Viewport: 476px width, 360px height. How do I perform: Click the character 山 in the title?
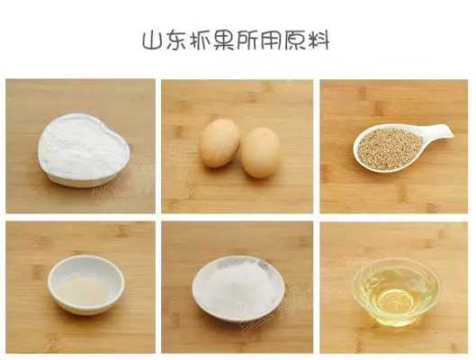coord(152,40)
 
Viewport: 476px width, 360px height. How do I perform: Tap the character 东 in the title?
coord(175,40)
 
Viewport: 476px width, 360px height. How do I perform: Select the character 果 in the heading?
coord(223,40)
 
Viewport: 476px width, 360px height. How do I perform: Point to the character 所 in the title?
coord(247,40)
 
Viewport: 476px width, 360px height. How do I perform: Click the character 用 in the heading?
coord(270,40)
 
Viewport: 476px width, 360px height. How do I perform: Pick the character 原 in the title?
coord(294,40)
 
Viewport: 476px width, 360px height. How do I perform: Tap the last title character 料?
coord(318,40)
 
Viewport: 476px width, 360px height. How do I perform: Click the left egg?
coord(220,143)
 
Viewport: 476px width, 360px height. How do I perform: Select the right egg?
coord(260,152)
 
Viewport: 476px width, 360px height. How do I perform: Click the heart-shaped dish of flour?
coord(84,150)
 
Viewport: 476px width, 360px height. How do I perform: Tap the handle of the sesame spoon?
coord(438,131)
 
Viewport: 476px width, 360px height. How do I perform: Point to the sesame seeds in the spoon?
coord(390,148)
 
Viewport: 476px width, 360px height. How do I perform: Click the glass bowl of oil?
coord(397,292)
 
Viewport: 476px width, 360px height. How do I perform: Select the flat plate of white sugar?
coord(238,288)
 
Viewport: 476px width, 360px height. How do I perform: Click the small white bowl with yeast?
coord(86,284)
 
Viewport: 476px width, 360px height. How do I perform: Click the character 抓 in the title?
coord(200,40)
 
